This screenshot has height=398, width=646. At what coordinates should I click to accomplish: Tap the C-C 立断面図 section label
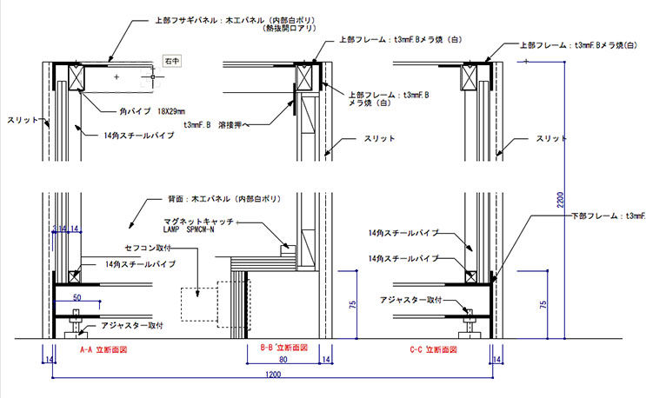(x=432, y=350)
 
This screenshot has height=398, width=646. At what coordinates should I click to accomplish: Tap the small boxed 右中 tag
(x=172, y=62)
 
